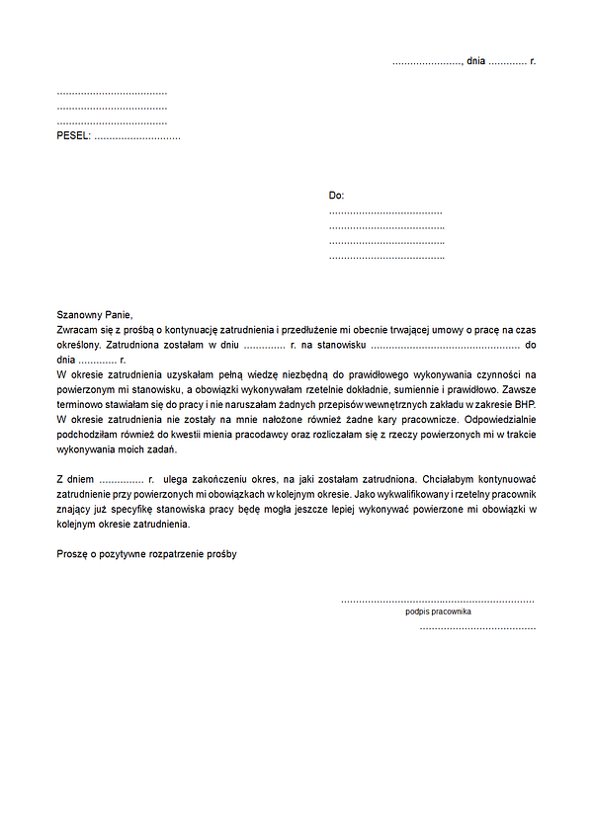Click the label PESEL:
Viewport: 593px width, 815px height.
coord(73,135)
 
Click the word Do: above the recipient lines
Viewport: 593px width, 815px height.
coord(337,196)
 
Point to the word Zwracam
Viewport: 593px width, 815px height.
coord(77,329)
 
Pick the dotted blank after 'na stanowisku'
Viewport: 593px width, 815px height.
coord(446,346)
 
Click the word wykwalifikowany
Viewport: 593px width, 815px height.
coord(407,494)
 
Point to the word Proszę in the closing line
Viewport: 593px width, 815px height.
coord(73,554)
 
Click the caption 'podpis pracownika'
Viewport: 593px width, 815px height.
coord(438,611)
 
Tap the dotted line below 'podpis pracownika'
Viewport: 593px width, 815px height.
coord(477,628)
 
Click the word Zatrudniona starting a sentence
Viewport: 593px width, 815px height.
coord(134,345)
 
